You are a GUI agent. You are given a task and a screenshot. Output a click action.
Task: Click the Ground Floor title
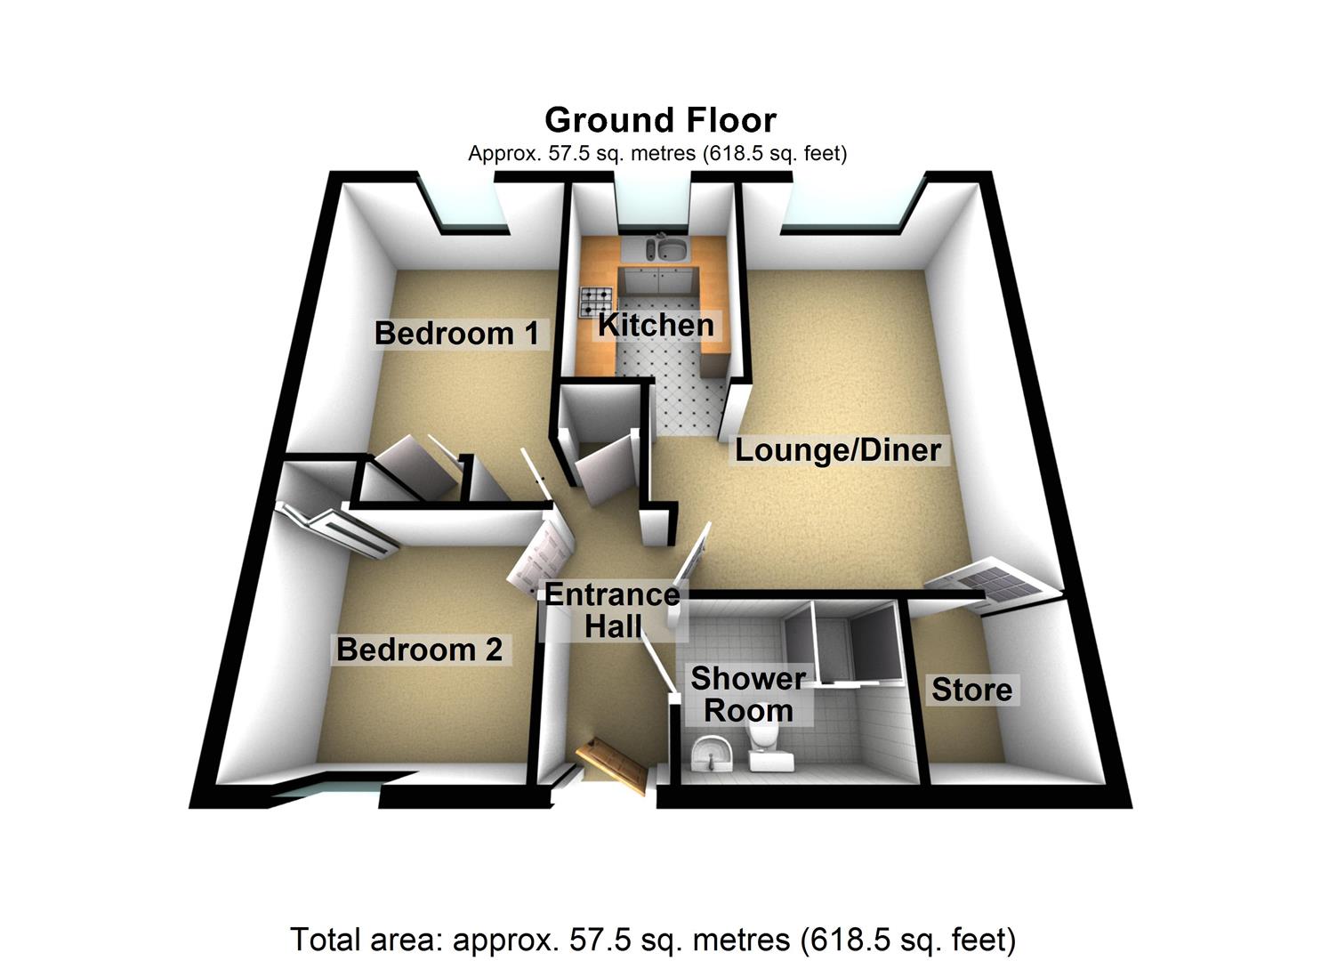[x=660, y=120]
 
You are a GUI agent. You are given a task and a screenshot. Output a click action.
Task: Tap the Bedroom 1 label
[x=456, y=334]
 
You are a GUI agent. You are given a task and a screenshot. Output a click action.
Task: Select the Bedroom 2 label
[x=419, y=650]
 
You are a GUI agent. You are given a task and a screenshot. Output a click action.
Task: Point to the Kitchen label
[x=656, y=325]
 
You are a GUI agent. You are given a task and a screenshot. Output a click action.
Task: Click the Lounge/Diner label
[x=837, y=449]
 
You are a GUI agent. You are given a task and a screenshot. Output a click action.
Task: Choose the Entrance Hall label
[x=612, y=610]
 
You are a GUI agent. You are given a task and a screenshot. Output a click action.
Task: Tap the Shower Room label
[x=748, y=695]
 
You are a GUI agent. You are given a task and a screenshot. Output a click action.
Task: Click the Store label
[x=971, y=690]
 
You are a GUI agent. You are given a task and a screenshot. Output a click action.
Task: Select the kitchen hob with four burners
[x=596, y=302]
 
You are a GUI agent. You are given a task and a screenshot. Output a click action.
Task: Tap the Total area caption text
[x=652, y=939]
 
